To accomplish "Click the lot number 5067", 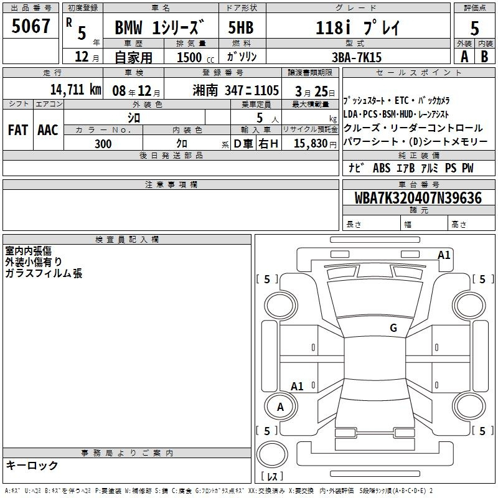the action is click(x=31, y=26).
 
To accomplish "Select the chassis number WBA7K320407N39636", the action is click(x=418, y=198).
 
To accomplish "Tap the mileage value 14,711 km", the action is click(x=75, y=90).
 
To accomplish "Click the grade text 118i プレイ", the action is click(x=357, y=28).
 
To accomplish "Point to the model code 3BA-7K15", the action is click(x=357, y=57).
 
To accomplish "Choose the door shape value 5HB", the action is click(x=241, y=27).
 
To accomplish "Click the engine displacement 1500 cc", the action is click(x=195, y=58).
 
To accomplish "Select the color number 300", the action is click(x=103, y=144).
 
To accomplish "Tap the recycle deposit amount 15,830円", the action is click(x=315, y=144).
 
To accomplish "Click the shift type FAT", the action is click(x=18, y=130).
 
